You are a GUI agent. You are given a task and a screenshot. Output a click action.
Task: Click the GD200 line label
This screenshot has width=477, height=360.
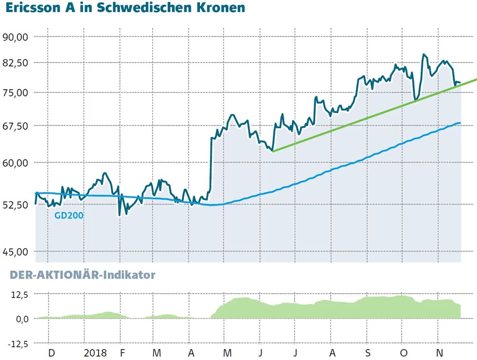pyautogui.click(x=69, y=216)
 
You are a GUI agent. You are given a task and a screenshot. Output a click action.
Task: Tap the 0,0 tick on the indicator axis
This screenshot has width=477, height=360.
pyautogui.click(x=21, y=318)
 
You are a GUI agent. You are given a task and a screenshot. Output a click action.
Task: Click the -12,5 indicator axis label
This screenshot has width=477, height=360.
pyautogui.click(x=18, y=343)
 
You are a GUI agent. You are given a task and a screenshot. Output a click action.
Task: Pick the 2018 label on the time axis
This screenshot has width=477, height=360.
pyautogui.click(x=95, y=353)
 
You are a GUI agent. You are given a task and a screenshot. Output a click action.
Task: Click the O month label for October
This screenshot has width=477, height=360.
pyautogui.click(x=404, y=353)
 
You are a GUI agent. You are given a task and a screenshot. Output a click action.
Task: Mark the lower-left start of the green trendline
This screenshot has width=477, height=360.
pyautogui.click(x=272, y=151)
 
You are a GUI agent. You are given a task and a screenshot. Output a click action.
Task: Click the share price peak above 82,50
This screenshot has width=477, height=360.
pyautogui.click(x=424, y=55)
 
